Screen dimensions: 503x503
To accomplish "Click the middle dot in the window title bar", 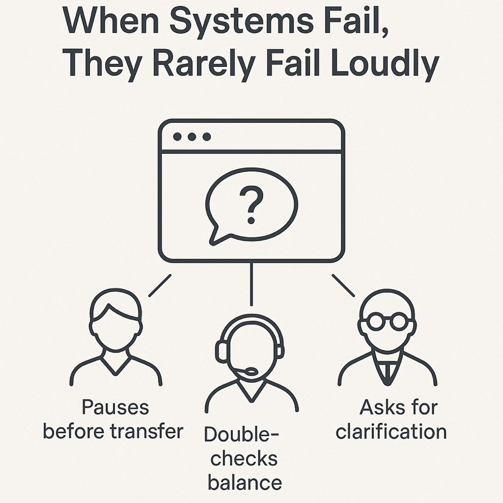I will click(x=192, y=137).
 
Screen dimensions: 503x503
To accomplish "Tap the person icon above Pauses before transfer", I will click(x=115, y=340).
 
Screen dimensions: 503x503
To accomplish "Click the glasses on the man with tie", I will click(x=387, y=321).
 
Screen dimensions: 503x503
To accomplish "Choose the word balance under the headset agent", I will click(x=244, y=482).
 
